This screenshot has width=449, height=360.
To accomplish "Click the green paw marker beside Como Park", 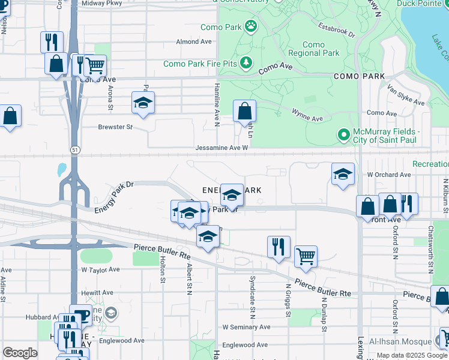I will tap(250, 26).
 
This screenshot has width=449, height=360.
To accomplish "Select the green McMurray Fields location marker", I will tap(344, 135).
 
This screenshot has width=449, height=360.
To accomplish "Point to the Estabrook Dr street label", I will tap(336, 31).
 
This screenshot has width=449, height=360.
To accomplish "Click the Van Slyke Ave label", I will tap(406, 98).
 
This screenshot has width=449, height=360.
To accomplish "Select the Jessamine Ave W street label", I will tap(221, 148).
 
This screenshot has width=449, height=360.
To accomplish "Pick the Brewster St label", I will tap(115, 127).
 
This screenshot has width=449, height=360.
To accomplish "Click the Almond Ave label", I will tap(194, 42).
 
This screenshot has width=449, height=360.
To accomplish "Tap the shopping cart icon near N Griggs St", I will tap(306, 256).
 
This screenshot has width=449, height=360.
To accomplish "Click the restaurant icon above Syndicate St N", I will tap(279, 246).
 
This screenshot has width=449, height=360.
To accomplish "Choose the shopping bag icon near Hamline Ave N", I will tap(245, 111).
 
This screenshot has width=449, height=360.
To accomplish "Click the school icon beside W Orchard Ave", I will tap(342, 174).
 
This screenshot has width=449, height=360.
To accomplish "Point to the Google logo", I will tap(19, 353).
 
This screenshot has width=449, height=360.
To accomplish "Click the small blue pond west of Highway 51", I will tap(62, 169).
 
